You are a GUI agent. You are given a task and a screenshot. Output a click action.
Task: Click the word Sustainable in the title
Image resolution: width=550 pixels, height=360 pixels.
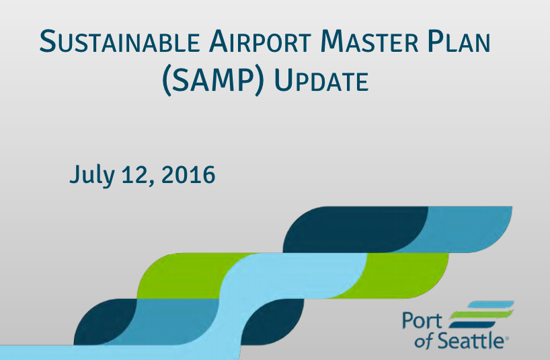pos(120,42)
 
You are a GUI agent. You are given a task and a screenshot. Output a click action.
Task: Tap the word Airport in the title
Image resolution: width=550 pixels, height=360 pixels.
pos(260,42)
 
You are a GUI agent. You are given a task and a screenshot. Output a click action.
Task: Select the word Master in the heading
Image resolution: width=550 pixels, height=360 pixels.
pos(369,42)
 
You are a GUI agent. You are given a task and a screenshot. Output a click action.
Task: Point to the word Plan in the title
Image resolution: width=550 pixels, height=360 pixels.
pos(459,42)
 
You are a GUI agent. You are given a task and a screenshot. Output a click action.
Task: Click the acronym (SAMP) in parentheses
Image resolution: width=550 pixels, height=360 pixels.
pos(213,81)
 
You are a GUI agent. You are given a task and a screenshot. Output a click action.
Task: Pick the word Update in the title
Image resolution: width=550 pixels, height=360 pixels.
pos(321,81)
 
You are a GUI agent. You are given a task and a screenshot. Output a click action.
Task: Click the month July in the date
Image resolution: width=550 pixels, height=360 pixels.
pos(92,175)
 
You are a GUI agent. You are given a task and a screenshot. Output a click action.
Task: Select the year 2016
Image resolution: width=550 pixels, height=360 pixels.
pos(188,175)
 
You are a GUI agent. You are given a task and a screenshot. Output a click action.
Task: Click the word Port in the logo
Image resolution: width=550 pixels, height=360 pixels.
pos(422,320)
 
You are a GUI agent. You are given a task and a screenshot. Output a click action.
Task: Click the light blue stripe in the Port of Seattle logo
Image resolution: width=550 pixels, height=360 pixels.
pos(490,304)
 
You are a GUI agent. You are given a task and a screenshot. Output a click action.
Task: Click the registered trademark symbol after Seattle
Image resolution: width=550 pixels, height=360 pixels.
pos(506,338)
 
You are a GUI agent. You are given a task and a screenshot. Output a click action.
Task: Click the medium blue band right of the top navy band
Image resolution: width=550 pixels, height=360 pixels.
pos(463,229)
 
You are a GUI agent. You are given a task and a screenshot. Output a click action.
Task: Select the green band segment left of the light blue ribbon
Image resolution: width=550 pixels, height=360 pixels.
pos(186,275)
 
